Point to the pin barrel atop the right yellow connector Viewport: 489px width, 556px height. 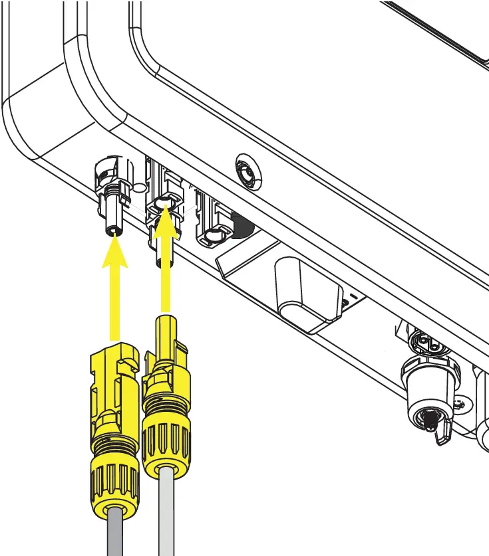pos(166,332)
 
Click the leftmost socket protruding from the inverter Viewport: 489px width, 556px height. pos(111,199)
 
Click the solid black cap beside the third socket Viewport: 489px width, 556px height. pos(244,227)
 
